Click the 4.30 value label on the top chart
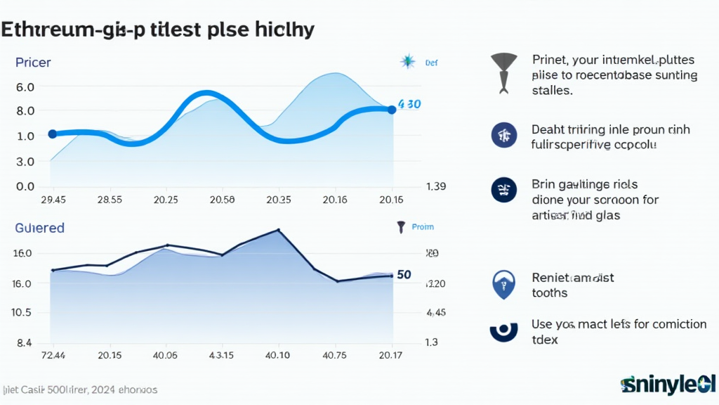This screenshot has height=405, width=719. pos(409,104)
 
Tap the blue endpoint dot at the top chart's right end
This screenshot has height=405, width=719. pos(391,110)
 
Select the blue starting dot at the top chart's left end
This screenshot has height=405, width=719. pos(52,134)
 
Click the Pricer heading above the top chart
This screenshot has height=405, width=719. pos(34,63)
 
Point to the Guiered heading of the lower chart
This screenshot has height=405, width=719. pos(39,228)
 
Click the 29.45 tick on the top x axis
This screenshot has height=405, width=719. pos(53,200)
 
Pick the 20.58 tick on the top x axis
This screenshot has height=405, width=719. pos(222,200)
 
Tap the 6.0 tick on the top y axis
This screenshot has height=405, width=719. pos(25,86)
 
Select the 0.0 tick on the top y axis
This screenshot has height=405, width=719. pos(25,186)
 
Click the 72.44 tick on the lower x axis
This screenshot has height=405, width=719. pos(54,355)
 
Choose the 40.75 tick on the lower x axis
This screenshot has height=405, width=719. pos(334,355)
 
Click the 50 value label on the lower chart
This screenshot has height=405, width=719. pos(404,275)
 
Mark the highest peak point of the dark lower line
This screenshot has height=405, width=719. pos(279,230)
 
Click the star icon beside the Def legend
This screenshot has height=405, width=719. pos(407,62)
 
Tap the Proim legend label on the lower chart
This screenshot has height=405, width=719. pos(423,227)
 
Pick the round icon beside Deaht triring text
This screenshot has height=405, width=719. pos(504,134)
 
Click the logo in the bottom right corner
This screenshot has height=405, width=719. pos(668,385)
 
